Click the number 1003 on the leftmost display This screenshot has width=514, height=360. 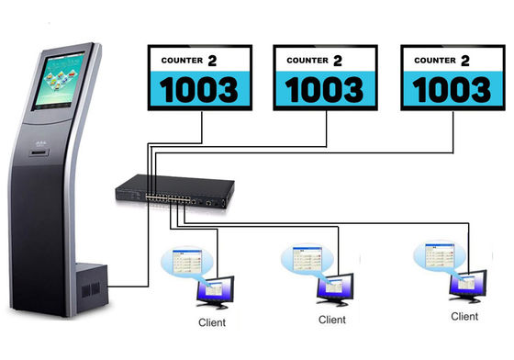(x=198, y=91)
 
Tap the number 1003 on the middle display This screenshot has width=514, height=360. (x=326, y=91)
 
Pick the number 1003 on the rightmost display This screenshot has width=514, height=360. (x=453, y=91)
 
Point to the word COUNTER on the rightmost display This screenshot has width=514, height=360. (x=436, y=61)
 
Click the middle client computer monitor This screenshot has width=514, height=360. (x=335, y=289)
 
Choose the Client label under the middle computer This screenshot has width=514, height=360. (x=332, y=321)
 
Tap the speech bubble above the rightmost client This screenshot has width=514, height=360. (x=435, y=256)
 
